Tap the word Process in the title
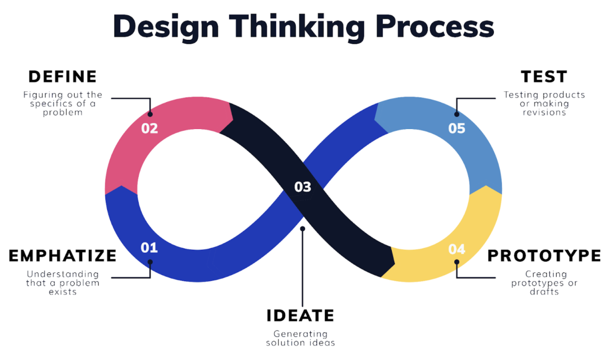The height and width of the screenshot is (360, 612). point(435,26)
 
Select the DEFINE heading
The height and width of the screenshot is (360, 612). point(63,77)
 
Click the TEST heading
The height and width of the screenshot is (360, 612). point(544,77)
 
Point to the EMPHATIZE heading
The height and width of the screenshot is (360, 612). point(63,256)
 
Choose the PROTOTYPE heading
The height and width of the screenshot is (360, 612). point(544,256)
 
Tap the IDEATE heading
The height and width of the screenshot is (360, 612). point(300,316)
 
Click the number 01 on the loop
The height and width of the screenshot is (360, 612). point(149,248)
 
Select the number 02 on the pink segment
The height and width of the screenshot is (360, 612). point(149,128)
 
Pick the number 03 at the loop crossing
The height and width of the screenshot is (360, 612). point(303,187)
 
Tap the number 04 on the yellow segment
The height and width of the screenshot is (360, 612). point(457,249)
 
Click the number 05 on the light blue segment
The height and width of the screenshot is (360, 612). point(457,128)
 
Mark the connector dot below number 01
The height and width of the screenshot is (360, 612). point(150,262)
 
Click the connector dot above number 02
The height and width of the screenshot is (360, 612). point(150,115)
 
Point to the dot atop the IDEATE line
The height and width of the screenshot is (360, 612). point(302,229)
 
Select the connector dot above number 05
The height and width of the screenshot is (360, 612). point(457,115)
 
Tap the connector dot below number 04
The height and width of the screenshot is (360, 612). point(457,262)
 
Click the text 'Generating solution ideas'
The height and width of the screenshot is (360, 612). point(300,339)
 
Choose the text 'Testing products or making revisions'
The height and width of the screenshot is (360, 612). point(544,104)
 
